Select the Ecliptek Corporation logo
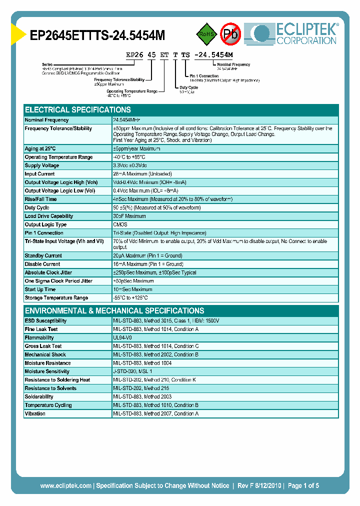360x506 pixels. coord(295,33)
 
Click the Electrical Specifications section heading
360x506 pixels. coord(78,109)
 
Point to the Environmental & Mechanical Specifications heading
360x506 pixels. coord(114,310)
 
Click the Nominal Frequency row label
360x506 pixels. coord(47,120)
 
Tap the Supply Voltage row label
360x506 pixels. coord(42,165)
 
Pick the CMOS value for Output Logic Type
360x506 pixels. coord(120,225)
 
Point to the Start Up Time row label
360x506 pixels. coord(40,289)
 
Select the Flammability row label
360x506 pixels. coord(39,338)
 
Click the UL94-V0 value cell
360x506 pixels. coord(122,338)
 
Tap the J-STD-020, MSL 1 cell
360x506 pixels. coord(132,371)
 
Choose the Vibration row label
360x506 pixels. coord(35,414)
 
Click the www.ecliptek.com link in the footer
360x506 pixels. coord(65,485)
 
